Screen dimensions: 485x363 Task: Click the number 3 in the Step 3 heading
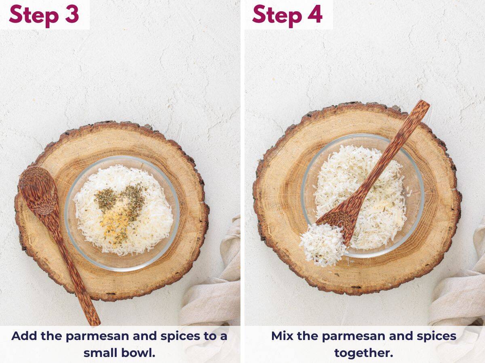[x=72, y=14]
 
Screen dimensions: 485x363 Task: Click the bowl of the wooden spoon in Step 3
[x=38, y=190]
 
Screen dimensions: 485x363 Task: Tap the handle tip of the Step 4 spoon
[x=425, y=104]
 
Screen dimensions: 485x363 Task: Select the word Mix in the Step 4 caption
[x=282, y=336]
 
